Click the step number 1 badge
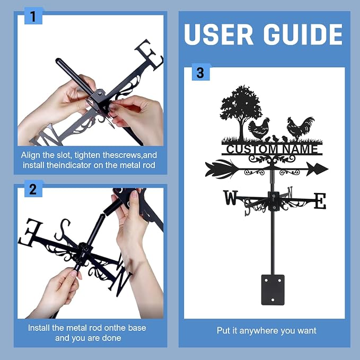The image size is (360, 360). tap(33, 16)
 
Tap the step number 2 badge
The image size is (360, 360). tap(33, 189)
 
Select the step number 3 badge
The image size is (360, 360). tap(200, 72)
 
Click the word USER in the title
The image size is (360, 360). tap(218, 34)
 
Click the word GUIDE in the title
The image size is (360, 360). tap(303, 34)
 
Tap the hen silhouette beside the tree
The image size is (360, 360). tap(259, 129)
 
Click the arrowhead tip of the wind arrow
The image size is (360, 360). tap(328, 169)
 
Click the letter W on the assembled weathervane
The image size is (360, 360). tap(231, 197)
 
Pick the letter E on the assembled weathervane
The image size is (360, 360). tap(320, 201)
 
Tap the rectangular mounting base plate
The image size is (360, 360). tap(273, 289)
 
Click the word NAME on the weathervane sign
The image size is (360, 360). tap(300, 149)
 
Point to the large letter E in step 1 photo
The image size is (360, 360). tap(150, 55)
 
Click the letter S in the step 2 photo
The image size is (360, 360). tap(62, 230)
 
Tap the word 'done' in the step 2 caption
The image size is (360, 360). tap(111, 338)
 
